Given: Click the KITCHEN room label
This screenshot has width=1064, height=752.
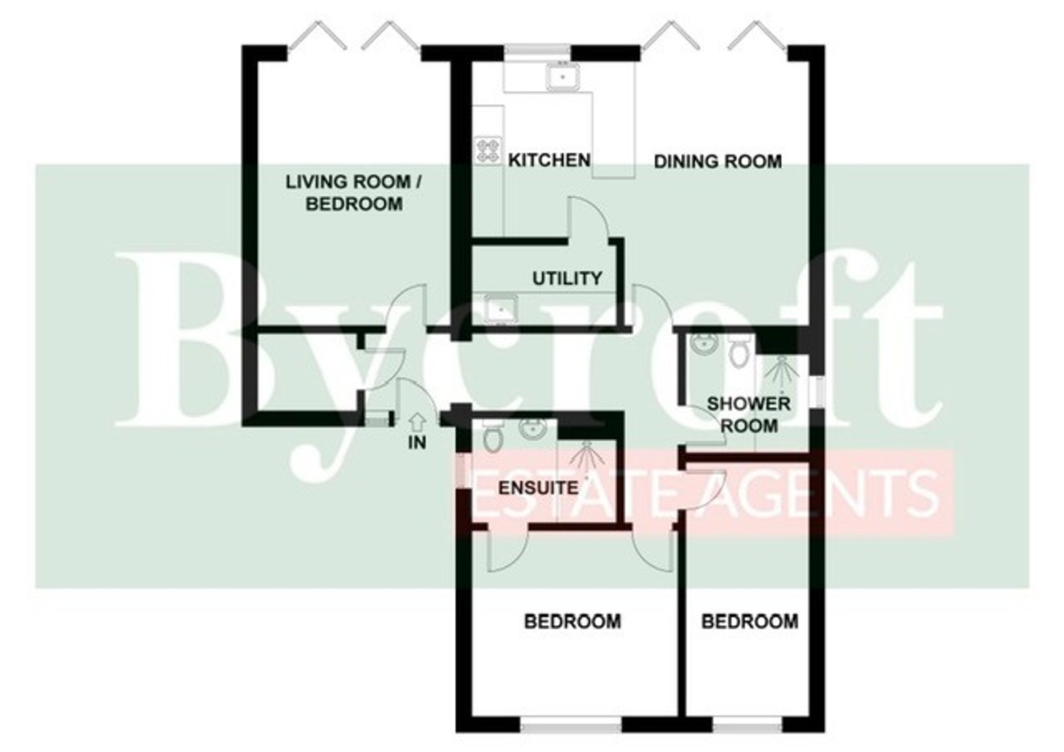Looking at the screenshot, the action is [x=549, y=161].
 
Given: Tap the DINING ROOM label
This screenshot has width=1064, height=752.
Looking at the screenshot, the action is [x=717, y=162].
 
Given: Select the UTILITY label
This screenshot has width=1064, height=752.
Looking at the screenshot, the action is [x=567, y=278].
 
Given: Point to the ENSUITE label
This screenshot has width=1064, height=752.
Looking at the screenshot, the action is [x=538, y=488].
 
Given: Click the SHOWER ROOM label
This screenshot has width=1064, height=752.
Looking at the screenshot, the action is [x=748, y=415].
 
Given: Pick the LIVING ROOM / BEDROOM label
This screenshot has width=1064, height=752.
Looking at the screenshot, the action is [x=354, y=192].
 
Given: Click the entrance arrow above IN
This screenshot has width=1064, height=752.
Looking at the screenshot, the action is [x=417, y=422].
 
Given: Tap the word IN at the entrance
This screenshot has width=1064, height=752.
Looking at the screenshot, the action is [x=417, y=443].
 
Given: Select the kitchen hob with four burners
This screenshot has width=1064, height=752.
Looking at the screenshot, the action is [x=488, y=151].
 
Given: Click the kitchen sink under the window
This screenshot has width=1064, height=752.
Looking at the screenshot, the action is [x=562, y=77].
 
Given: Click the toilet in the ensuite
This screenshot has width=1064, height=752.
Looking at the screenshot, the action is [x=493, y=435].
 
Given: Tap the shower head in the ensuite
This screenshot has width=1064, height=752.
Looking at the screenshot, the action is [x=587, y=455].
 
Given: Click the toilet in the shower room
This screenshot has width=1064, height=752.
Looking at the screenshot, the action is [x=739, y=350].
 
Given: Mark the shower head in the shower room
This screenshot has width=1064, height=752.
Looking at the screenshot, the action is [x=782, y=371].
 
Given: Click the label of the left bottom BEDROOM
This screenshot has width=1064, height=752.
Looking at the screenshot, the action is [x=573, y=622].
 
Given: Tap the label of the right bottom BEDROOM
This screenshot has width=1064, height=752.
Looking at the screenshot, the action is [x=750, y=622].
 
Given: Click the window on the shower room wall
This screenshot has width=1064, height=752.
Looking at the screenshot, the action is [x=817, y=392].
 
